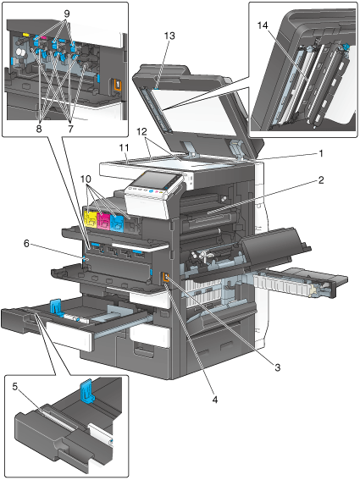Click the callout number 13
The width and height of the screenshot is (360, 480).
(169, 36)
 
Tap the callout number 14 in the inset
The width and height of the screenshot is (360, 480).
(263, 25)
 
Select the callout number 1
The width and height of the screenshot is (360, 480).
(321, 153)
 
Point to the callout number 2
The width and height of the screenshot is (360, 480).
(321, 180)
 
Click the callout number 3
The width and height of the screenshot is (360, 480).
(278, 367)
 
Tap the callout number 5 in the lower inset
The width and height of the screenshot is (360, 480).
(15, 387)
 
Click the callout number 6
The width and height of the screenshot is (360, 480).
(26, 244)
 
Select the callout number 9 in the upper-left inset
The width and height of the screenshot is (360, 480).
(67, 14)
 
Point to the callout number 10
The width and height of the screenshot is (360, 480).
(86, 179)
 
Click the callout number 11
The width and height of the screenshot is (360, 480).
(124, 148)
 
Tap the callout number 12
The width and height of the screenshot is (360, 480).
(141, 132)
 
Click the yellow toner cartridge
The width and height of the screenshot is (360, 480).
(90, 218)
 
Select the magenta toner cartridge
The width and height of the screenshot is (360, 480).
(103, 220)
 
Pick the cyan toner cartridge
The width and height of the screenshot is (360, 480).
(116, 223)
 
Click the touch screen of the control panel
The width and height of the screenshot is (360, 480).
(154, 181)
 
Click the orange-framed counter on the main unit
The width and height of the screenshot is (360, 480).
(166, 278)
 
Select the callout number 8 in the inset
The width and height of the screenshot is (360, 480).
(38, 129)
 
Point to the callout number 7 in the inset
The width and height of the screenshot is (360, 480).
(71, 129)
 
